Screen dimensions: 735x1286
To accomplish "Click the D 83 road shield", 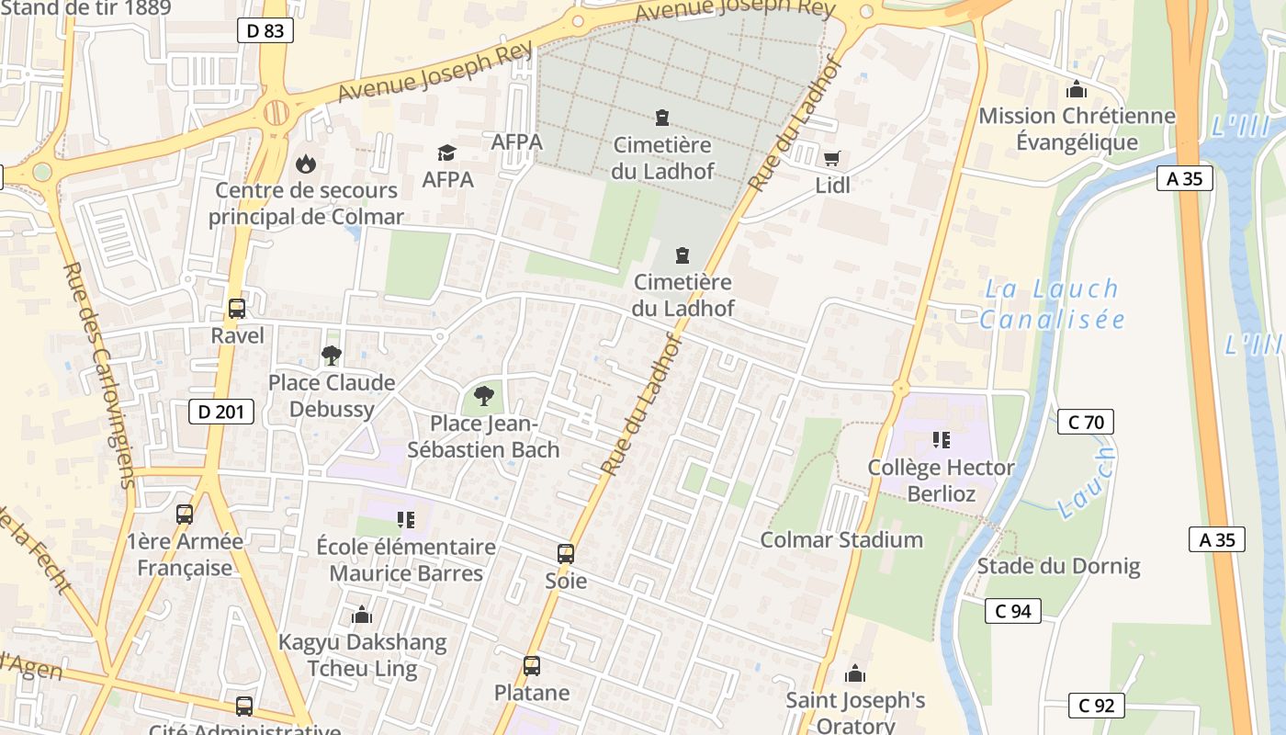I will (x=265, y=31).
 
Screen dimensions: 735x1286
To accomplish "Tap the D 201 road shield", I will (x=221, y=412).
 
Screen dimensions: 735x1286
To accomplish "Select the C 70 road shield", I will (x=1085, y=422).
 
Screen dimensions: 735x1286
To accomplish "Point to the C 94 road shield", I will (x=1012, y=611).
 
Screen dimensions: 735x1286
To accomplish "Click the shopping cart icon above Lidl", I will (x=832, y=158).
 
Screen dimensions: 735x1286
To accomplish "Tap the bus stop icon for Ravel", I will (x=237, y=309).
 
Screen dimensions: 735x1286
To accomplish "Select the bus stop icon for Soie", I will (x=566, y=554).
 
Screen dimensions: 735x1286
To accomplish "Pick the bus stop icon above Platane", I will (x=532, y=666).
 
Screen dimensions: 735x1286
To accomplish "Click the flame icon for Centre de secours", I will (x=305, y=164).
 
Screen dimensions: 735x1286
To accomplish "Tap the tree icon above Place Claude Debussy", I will (x=331, y=356).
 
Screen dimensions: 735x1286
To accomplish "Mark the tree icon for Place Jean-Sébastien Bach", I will (x=483, y=396).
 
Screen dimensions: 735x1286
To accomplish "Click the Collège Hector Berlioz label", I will (x=941, y=481).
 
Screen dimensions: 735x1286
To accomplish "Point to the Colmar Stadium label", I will (x=841, y=539).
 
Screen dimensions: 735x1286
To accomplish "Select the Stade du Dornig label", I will (x=1058, y=566).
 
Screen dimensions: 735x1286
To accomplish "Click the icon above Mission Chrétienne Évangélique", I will (x=1076, y=89).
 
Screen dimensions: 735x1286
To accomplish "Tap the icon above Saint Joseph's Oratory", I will (x=855, y=674).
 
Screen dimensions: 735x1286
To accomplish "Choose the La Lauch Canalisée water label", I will (x=1052, y=304).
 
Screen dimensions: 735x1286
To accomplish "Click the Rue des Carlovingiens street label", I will (x=100, y=375).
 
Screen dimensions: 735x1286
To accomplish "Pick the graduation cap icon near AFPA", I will (x=447, y=153).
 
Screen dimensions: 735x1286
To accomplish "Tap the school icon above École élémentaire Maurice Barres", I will (x=406, y=520).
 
